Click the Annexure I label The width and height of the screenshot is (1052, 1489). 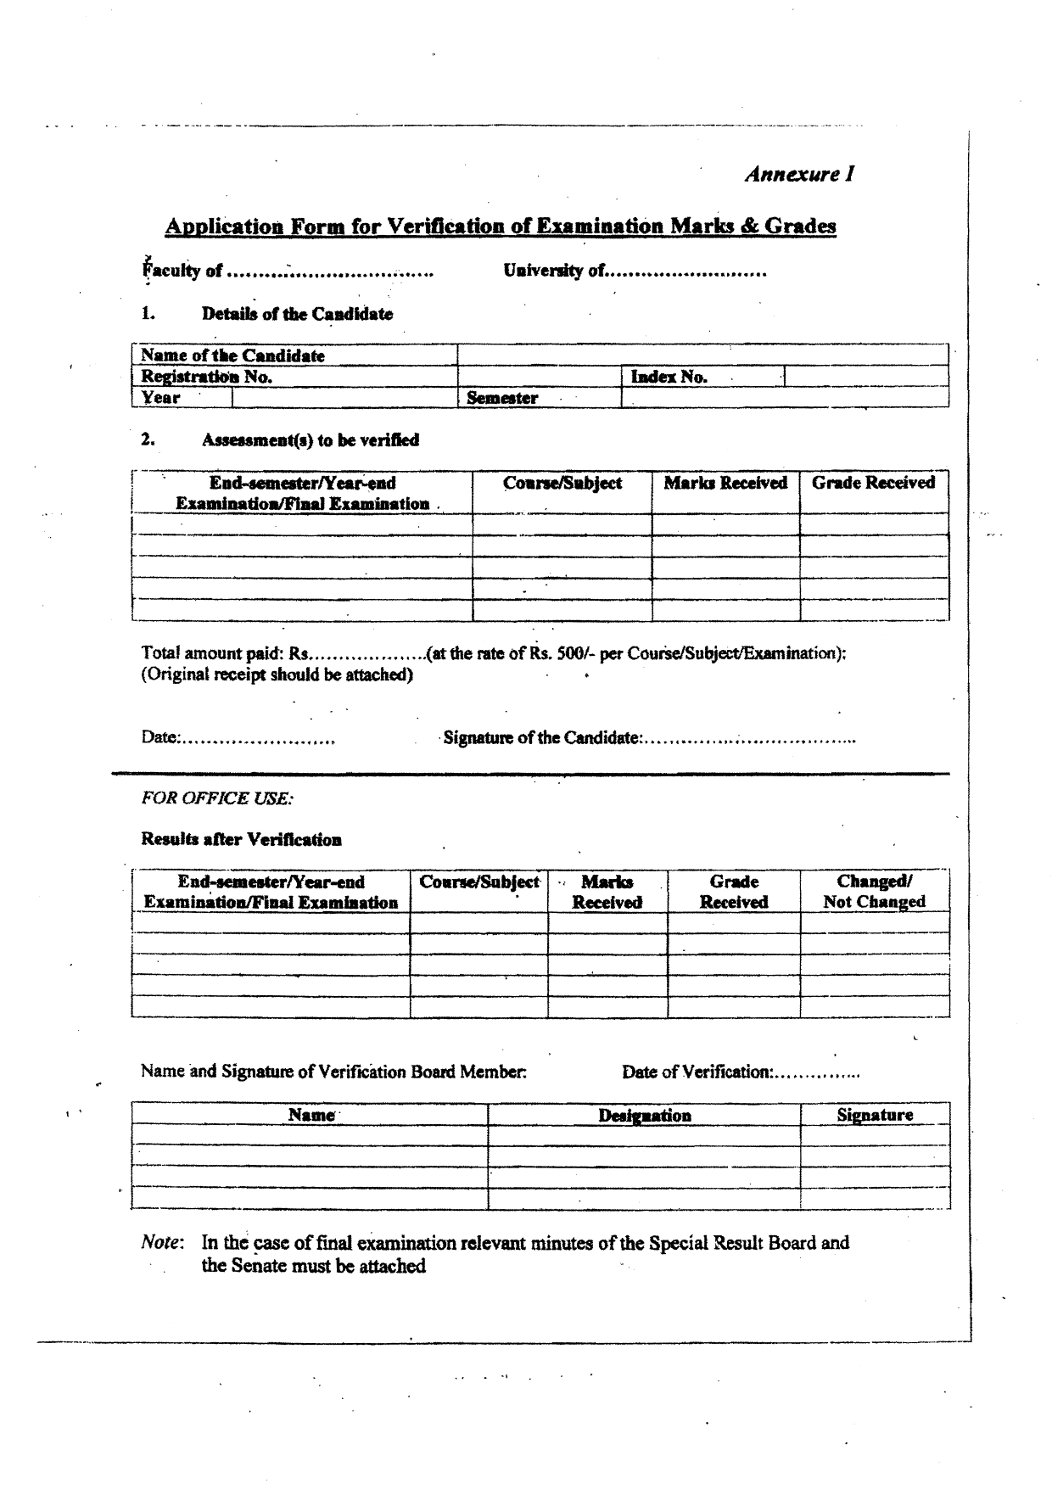click(799, 174)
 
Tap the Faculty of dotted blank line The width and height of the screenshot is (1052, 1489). click(331, 273)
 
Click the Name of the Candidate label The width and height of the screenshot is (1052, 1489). click(232, 355)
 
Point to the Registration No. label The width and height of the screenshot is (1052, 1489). click(206, 377)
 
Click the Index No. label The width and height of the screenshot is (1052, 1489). click(669, 377)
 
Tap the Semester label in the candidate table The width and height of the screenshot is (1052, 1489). click(502, 398)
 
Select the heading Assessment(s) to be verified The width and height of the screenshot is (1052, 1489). click(310, 439)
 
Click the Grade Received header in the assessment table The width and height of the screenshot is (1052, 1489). click(873, 483)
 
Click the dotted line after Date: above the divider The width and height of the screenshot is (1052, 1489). click(258, 740)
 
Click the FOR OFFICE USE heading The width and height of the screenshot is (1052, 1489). click(217, 798)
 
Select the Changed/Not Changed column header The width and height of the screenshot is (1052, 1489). click(874, 892)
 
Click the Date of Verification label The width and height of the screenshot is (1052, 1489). click(697, 1072)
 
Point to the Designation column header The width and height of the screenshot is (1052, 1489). click(645, 1116)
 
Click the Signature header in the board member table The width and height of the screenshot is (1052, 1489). click(875, 1115)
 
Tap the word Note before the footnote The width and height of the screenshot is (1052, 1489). click(162, 1243)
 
